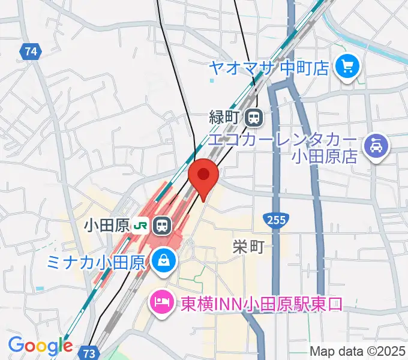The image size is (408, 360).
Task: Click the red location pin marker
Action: coord(203,175)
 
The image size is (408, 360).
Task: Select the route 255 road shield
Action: coord(274,220)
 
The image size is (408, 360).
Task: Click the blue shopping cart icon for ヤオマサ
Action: coord(347,65)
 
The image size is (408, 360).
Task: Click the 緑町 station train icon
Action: coord(254,117)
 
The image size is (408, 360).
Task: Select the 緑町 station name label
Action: coord(224,118)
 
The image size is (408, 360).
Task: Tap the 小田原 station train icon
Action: coord(161,226)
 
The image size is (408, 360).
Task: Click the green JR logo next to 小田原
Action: coord(142,226)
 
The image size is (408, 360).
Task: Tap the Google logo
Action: coord(40,346)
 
